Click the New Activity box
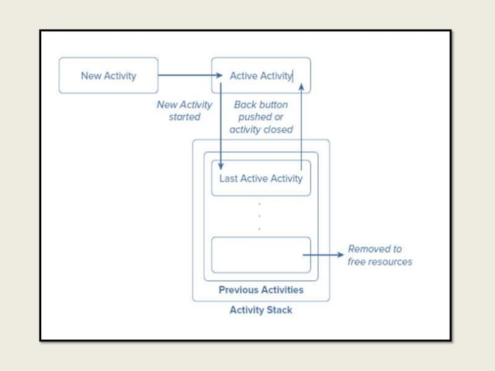(x=108, y=75)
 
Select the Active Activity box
(x=261, y=75)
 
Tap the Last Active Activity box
(x=261, y=179)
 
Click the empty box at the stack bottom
(x=261, y=255)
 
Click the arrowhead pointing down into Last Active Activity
(x=221, y=165)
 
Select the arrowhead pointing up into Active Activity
(x=300, y=87)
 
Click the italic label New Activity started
(x=185, y=111)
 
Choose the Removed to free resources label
(x=379, y=255)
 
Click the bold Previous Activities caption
(x=261, y=290)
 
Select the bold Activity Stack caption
(x=261, y=310)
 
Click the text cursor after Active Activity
(x=292, y=75)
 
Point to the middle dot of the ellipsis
(x=259, y=216)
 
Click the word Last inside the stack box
(x=229, y=179)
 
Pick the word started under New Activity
(x=185, y=117)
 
